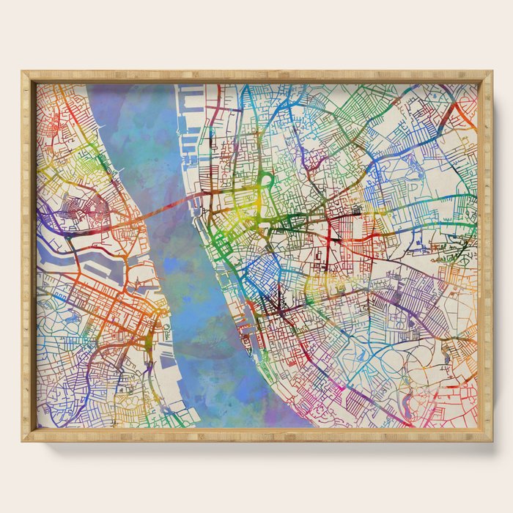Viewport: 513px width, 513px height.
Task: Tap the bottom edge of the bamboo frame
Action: (256, 437)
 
